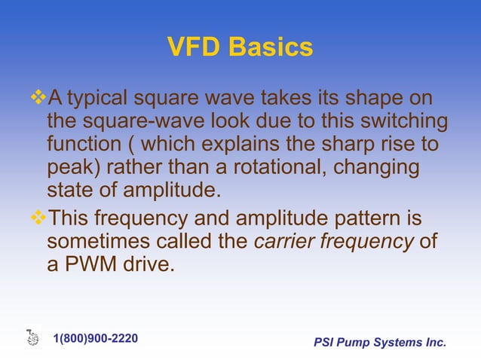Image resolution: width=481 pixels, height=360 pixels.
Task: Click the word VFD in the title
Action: (193, 47)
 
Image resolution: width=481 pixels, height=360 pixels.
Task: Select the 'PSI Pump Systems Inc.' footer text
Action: (380, 343)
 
